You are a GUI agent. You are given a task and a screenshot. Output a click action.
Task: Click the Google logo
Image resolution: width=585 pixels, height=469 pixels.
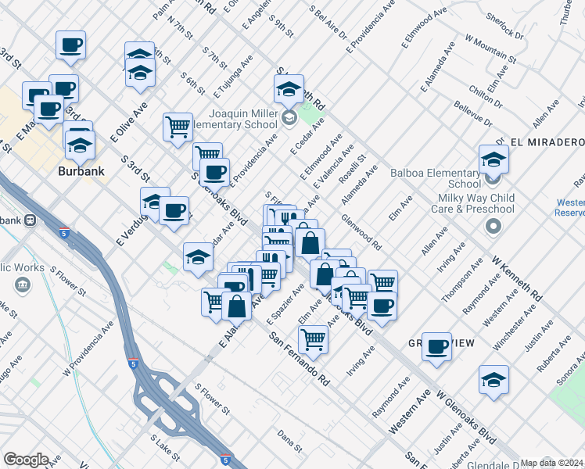point(26,460)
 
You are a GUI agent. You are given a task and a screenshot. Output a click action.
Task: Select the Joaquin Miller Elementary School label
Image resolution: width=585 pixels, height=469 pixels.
point(231,118)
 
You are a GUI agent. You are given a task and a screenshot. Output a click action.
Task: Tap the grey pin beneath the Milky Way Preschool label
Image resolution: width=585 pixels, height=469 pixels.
point(493,227)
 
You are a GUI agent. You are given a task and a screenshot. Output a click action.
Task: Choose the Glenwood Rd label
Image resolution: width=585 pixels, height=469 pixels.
point(361,232)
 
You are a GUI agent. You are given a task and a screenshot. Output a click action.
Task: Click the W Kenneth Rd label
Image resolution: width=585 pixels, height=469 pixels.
point(516,277)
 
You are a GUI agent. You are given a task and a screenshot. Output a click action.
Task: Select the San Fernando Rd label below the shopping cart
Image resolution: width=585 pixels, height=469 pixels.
point(300,359)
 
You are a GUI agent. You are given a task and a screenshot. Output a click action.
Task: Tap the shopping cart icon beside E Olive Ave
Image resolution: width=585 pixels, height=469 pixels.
point(178,125)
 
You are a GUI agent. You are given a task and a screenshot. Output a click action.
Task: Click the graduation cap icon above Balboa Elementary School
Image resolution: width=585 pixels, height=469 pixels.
point(493,160)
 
